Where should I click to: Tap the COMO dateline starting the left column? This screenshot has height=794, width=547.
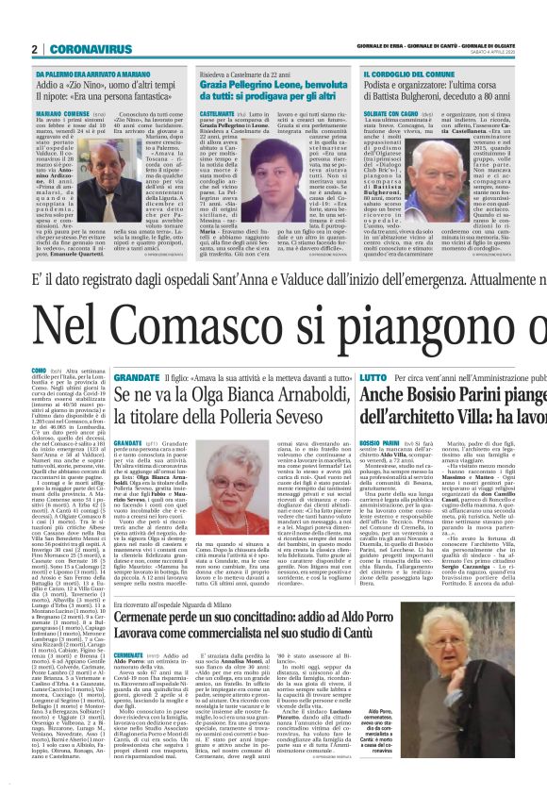(39, 369)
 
